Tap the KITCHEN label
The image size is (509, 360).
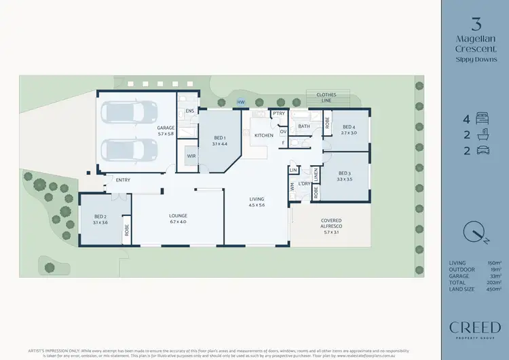point(264,135)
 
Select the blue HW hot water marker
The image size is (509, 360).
point(240,103)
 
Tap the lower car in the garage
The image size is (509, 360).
point(129,149)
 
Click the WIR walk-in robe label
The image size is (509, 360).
point(191,156)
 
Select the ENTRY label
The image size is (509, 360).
point(123,180)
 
